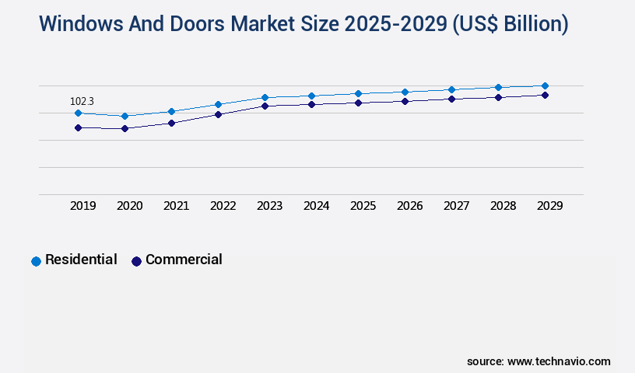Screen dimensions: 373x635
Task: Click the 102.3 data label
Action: coord(82,101)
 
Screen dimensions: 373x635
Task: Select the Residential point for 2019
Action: coord(78,113)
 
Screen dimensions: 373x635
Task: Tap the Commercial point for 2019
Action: coord(78,127)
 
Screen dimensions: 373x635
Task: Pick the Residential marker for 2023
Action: coord(265,97)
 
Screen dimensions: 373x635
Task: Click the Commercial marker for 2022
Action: coord(218,114)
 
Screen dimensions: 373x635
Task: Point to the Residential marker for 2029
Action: coord(545,85)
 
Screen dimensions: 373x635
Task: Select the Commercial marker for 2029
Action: coord(545,95)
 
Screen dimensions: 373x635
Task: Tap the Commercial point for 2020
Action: coord(125,128)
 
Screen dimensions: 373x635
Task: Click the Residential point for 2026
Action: coord(405,92)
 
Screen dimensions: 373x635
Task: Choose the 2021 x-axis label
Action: coord(176,206)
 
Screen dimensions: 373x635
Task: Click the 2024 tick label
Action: coord(316,206)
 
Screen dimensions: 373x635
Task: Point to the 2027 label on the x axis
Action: coord(456,206)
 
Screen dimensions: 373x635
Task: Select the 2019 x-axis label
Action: coord(82,206)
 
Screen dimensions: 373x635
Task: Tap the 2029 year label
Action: coord(549,206)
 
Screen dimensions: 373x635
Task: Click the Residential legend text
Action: coord(81,260)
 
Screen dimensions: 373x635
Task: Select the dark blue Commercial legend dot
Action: coord(136,261)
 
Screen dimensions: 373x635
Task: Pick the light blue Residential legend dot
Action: coord(36,261)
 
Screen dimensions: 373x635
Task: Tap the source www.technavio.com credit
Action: coord(539,361)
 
